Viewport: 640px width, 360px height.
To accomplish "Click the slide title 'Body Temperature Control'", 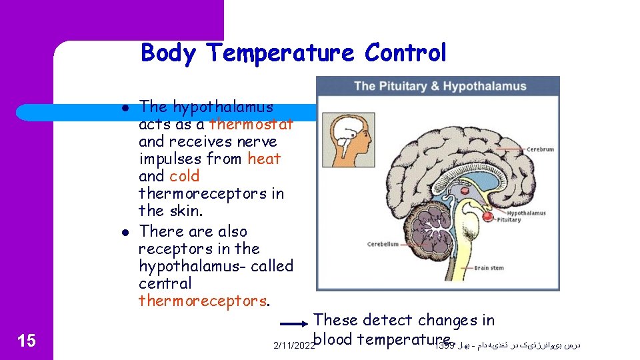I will click(x=293, y=52).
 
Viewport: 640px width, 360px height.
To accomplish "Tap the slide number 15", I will click(x=26, y=341).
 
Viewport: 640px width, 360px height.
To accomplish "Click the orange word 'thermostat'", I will click(x=251, y=124).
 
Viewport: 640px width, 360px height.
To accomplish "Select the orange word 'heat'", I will click(x=264, y=159).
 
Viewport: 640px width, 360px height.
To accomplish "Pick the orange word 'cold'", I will click(x=185, y=176).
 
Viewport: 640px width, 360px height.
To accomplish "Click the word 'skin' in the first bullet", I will click(x=186, y=211).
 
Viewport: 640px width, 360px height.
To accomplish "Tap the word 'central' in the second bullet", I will click(x=165, y=283).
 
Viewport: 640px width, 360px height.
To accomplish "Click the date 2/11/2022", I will click(x=294, y=345).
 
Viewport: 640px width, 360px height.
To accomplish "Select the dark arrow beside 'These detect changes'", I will click(x=294, y=324).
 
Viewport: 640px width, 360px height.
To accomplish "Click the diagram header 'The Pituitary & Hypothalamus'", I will click(x=440, y=86).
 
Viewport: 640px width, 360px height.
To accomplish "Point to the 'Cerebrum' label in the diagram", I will click(x=540, y=149).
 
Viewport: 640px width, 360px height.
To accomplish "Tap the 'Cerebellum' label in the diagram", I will click(x=383, y=244).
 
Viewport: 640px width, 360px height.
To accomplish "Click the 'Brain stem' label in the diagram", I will click(x=489, y=268).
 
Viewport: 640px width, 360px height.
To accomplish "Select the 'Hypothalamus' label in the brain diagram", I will click(x=526, y=213).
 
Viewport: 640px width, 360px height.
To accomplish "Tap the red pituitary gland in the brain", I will click(x=488, y=217).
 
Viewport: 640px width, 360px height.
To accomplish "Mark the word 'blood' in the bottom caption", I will click(x=333, y=339).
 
